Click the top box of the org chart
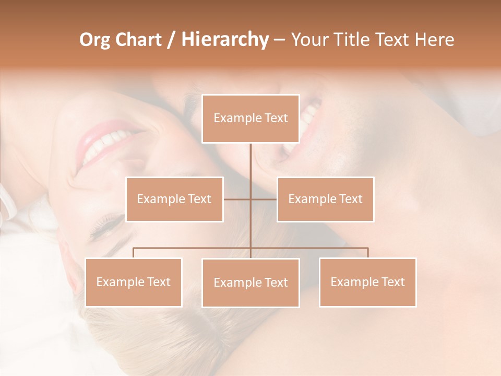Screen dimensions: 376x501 250,119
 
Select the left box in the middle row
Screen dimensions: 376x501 174,199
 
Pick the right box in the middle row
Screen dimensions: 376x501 325,199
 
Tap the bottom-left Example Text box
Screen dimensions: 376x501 133,282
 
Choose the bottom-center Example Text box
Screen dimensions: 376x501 250,283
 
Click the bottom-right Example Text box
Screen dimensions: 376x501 367,282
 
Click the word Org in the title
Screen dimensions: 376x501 94,40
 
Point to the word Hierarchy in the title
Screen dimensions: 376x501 225,40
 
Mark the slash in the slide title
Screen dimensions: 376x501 171,40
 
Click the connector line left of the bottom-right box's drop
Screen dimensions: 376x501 313,248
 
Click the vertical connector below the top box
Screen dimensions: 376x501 250,167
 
